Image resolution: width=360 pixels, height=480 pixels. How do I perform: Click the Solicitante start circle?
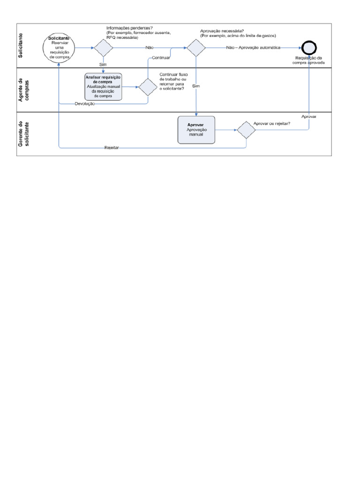pos(58,48)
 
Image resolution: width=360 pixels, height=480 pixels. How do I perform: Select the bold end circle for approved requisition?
pos(309,48)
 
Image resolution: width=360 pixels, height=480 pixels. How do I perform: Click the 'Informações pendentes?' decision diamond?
pos(104,48)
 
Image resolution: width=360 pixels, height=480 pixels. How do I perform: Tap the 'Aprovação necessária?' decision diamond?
pos(196,48)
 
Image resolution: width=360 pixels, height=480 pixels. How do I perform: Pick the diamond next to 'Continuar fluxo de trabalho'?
pos(148,87)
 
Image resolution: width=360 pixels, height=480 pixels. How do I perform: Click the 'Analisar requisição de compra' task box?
pos(103,87)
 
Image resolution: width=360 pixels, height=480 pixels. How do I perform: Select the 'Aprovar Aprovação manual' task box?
pos(196,130)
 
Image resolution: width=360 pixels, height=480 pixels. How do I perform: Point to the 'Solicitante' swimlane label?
pos(22,45)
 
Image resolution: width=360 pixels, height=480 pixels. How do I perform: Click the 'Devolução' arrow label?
pos(85,103)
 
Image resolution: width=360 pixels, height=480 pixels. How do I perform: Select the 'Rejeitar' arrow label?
pos(112,148)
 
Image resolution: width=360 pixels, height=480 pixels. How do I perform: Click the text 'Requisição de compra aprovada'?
pos(309,60)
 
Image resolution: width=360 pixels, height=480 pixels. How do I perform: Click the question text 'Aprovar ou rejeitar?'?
pos(272,124)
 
